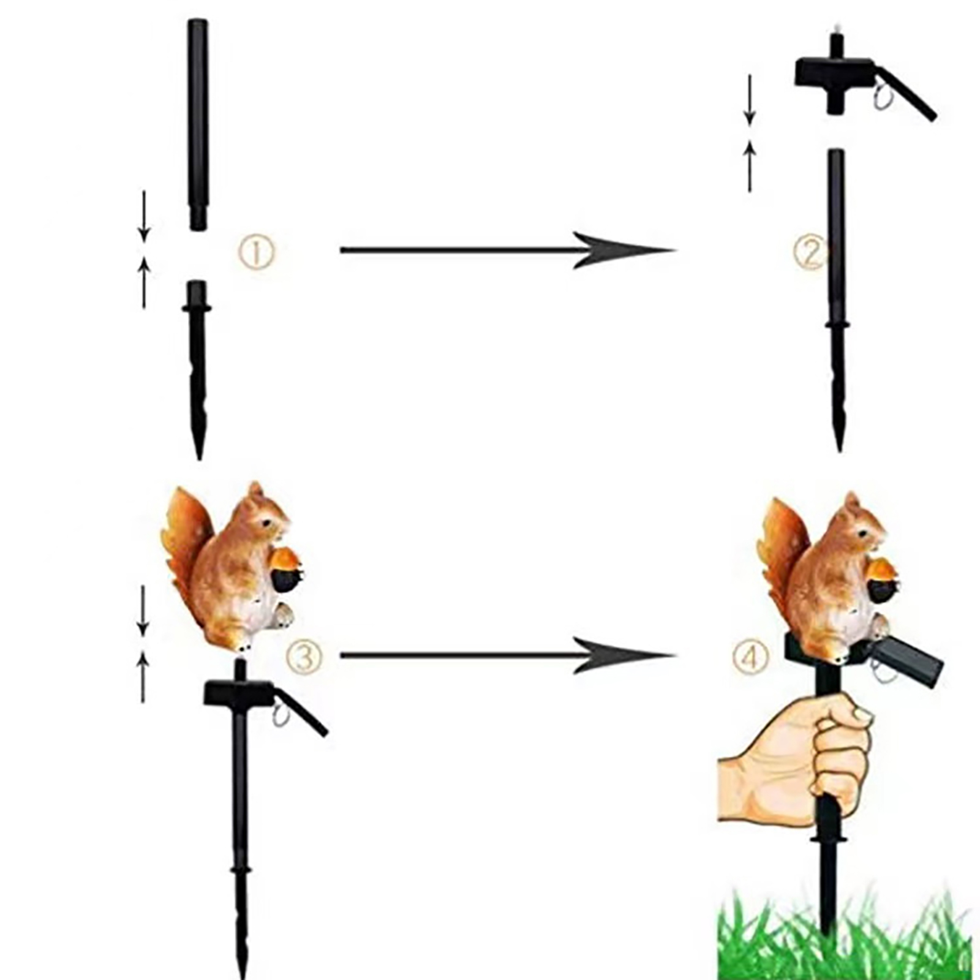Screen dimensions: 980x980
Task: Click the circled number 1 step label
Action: (x=257, y=253)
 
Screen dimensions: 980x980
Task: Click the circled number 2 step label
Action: (x=810, y=253)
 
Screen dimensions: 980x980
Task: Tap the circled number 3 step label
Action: (x=303, y=657)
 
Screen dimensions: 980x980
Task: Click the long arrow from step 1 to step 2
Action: (x=507, y=250)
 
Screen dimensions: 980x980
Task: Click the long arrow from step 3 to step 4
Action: (x=507, y=655)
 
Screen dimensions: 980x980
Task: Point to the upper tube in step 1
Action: (x=198, y=125)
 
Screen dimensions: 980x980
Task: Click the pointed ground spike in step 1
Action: (x=197, y=370)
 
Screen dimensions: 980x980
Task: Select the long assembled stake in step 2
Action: (x=837, y=300)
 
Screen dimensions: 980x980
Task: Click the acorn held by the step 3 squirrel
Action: (x=286, y=570)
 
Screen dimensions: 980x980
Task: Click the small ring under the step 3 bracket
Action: (x=281, y=717)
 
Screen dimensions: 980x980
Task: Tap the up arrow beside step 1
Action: (x=145, y=282)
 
